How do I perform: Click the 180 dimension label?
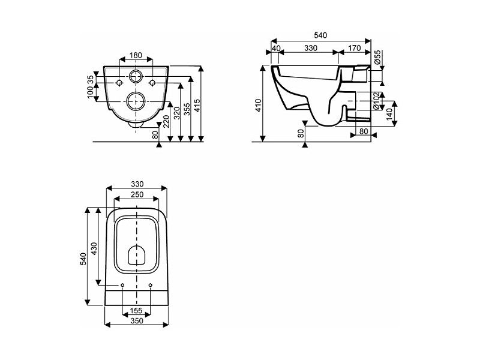pos(136,55)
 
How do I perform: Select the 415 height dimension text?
pos(197,106)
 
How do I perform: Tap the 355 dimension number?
pos(187,109)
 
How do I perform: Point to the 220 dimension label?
pos(167,122)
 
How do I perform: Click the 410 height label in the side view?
pos(259,106)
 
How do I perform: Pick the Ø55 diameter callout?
pos(377,56)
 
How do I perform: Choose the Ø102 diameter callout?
pos(377,101)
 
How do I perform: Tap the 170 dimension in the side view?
pos(355,48)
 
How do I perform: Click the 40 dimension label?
pos(276,49)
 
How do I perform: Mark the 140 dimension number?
pos(389,114)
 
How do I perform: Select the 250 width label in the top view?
pos(137,194)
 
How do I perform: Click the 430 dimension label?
pos(94,248)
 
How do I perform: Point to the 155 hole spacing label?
pos(136,311)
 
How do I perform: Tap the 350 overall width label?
pos(137,321)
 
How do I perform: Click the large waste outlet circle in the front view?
pos(136,101)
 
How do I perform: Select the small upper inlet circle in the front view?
pos(136,76)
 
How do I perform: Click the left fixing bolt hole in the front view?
pos(119,83)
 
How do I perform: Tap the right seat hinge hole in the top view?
pos(151,286)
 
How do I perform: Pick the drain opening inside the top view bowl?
pos(136,254)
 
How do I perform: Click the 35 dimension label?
pos(90,79)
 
